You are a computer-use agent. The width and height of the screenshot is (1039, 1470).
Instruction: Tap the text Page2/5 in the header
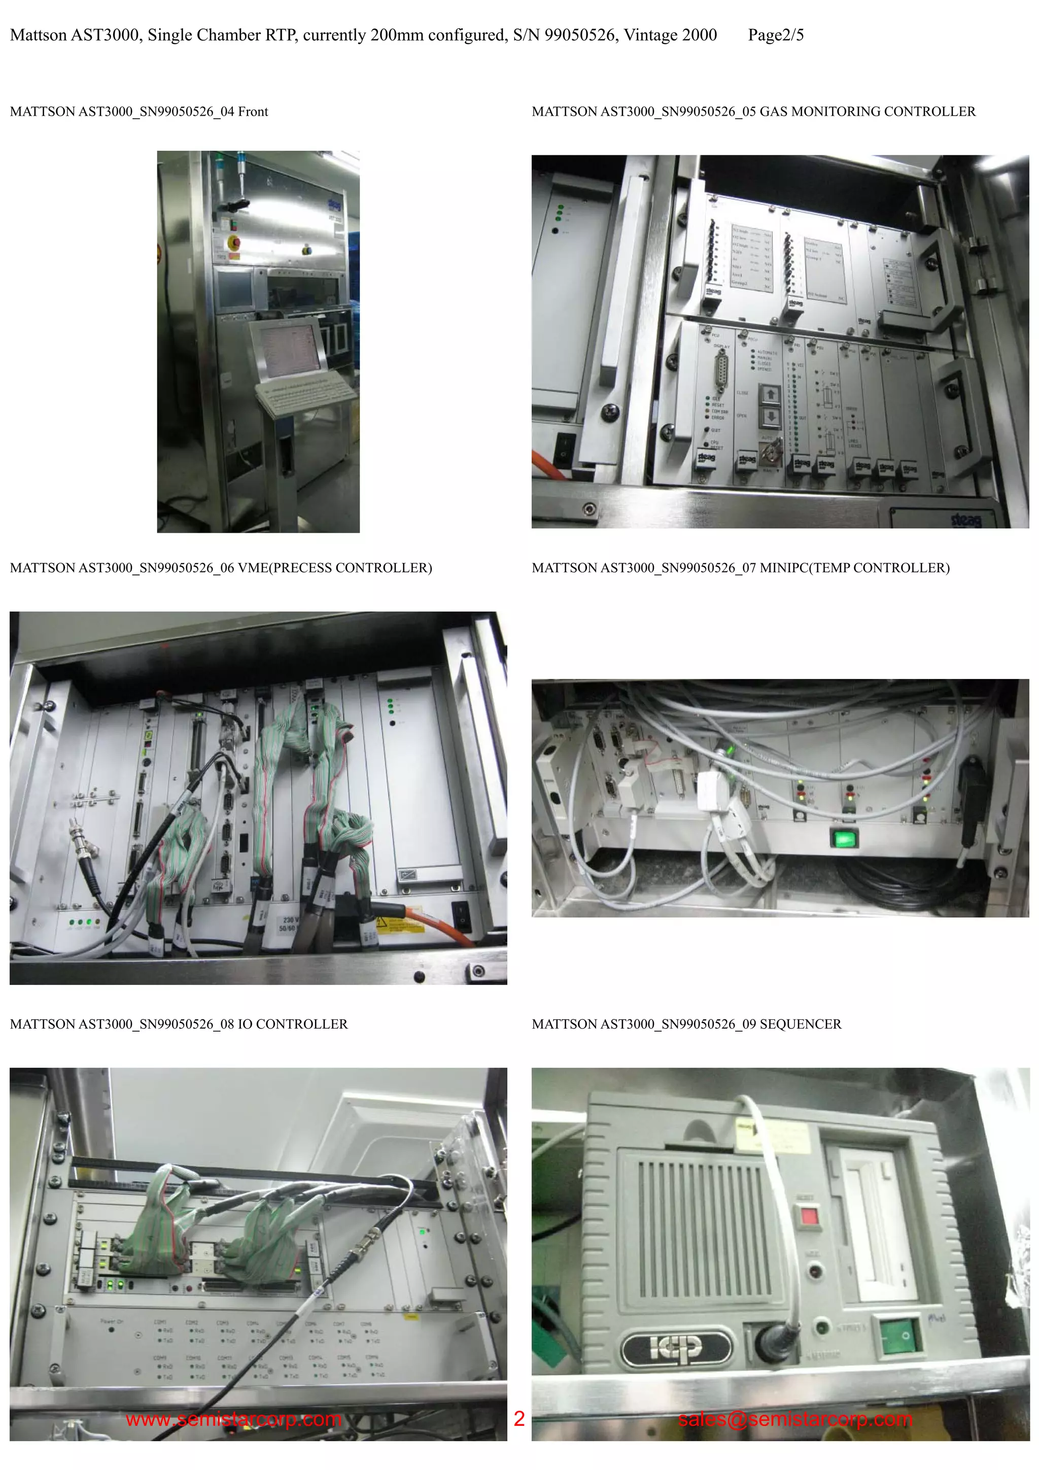pyautogui.click(x=775, y=35)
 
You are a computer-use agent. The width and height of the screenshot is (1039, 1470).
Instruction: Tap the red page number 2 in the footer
pyautogui.click(x=519, y=1419)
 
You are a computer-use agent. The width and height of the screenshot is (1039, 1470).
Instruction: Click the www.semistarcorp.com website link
pyautogui.click(x=234, y=1419)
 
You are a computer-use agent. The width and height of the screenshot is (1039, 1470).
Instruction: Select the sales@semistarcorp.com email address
pyautogui.click(x=795, y=1419)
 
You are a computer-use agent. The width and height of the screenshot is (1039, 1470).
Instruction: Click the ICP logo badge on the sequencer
pyautogui.click(x=676, y=1347)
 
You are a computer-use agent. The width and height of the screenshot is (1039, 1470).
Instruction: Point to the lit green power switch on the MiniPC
pyautogui.click(x=844, y=837)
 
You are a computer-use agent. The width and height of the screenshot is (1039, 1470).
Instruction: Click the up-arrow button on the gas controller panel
pyautogui.click(x=771, y=394)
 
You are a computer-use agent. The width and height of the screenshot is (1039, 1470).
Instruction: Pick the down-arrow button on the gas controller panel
pyautogui.click(x=771, y=417)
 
